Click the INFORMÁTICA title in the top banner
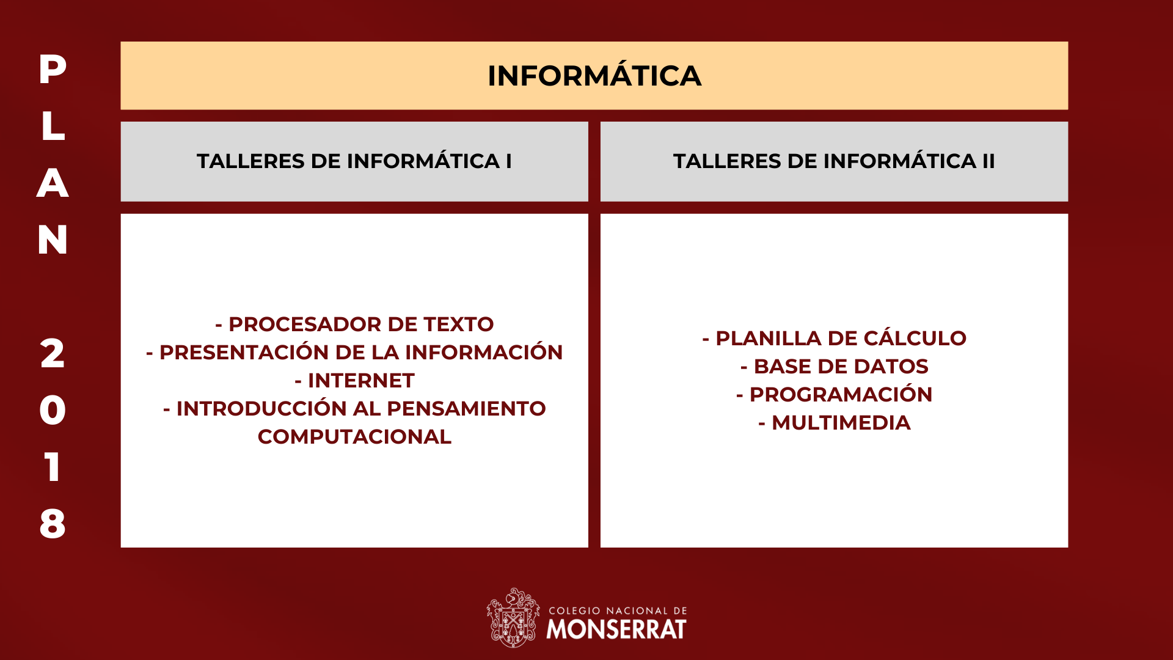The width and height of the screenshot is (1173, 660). pos(594,75)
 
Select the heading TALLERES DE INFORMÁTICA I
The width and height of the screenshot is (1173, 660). pos(354,161)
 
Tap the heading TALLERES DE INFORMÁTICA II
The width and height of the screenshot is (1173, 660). pos(834,161)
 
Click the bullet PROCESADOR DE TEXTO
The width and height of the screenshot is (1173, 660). pos(354,324)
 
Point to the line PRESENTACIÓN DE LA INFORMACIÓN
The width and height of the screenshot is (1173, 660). pos(354,352)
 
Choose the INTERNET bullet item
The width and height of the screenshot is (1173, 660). pos(354,380)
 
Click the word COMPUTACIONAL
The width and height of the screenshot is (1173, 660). pos(354,436)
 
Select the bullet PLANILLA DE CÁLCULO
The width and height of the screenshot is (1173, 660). pos(835,338)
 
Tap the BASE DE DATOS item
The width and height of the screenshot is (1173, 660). pos(835,366)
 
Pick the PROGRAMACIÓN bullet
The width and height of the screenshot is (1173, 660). pos(835,394)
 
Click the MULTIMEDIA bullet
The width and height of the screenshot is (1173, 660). pos(835,422)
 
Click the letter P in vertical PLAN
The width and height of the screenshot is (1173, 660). pos(53,69)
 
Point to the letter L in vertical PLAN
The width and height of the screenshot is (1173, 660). pos(53,126)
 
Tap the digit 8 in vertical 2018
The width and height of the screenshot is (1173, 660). pos(53,524)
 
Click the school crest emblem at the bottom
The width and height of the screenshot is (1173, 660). pos(513,618)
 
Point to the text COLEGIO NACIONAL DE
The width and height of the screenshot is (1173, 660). pos(618,610)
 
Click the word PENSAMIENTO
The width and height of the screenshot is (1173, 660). pos(466,408)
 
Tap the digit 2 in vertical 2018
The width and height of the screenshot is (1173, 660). pos(53,353)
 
